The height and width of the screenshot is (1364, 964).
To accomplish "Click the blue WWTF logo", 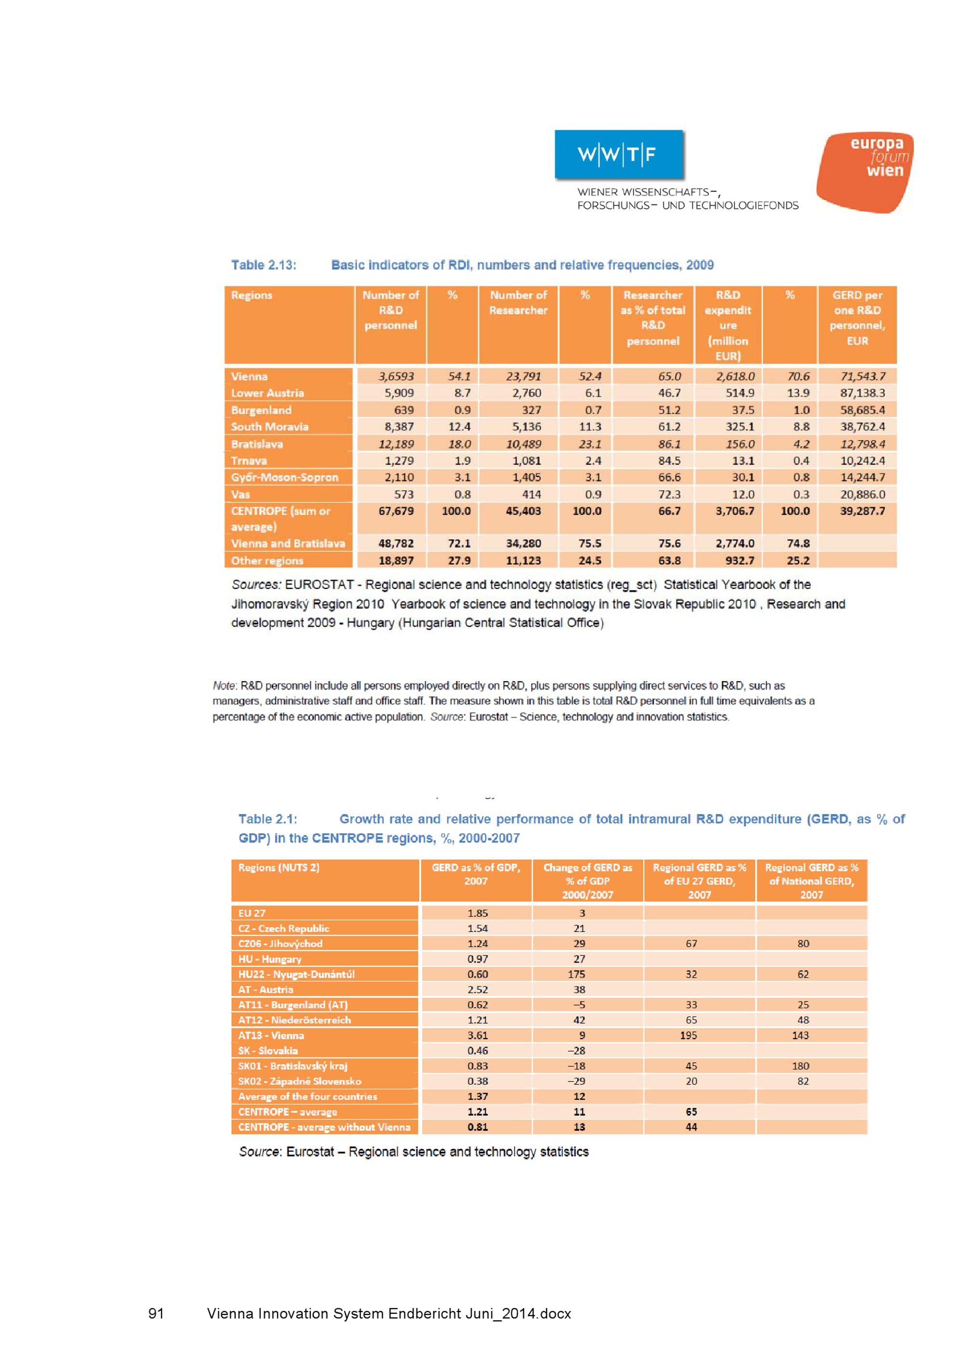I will coord(618,154).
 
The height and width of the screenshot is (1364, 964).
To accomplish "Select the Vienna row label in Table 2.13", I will coord(250,376).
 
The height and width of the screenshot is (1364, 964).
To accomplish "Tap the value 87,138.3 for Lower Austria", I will coord(862,393).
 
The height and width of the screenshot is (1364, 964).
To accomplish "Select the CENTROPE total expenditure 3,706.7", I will coord(735,511).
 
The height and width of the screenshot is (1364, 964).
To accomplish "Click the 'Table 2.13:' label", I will coord(264,265).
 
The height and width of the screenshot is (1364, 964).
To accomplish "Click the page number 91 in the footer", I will coord(156,1313).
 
